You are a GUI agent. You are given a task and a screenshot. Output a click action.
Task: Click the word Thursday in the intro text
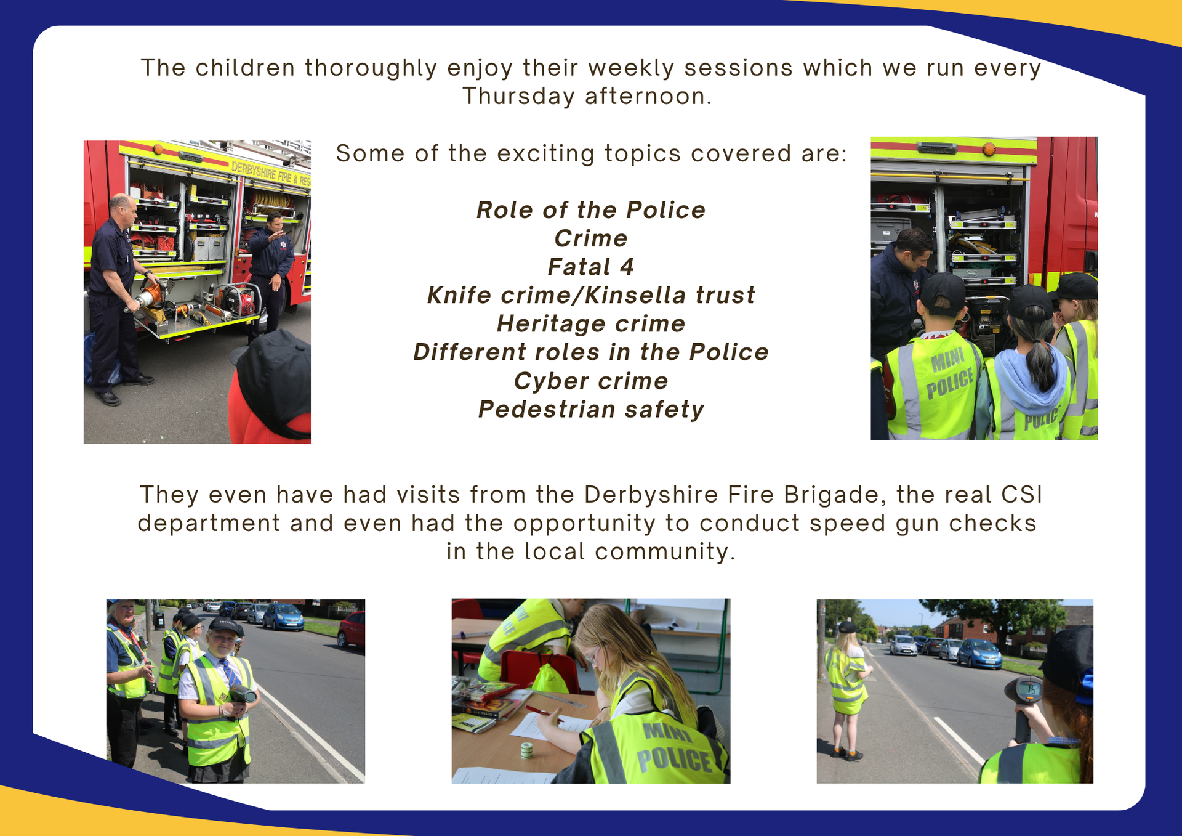click(x=518, y=97)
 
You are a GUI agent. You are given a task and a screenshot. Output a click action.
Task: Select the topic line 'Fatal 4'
click(x=590, y=267)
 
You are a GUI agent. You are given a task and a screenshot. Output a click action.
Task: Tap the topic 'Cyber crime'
click(x=590, y=381)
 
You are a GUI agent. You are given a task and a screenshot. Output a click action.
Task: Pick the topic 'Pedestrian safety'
click(x=591, y=410)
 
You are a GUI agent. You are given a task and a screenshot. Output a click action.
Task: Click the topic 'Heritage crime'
click(x=590, y=324)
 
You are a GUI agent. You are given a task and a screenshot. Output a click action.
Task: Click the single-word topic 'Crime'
click(x=590, y=238)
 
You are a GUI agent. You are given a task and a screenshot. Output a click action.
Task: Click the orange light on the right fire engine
click(x=989, y=149)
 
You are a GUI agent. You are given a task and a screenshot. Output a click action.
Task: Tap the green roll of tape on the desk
click(x=526, y=750)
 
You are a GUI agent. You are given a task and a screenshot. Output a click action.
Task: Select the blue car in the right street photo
click(x=979, y=654)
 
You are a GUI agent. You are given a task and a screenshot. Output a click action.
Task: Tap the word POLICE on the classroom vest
click(x=675, y=760)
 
